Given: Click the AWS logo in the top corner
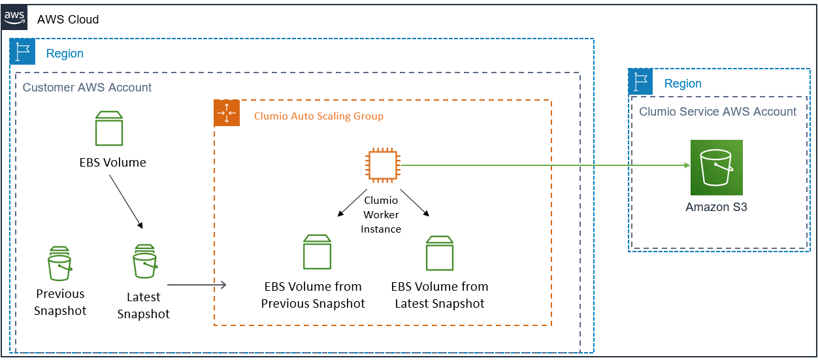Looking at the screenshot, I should coord(15,16).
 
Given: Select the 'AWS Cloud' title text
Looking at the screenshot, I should coord(68,20).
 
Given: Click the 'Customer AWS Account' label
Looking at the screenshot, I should coord(87,88).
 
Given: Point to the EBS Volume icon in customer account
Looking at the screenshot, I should coord(109,128).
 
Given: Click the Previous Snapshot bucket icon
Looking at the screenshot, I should coord(59,263).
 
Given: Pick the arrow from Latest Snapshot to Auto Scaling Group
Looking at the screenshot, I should coord(197,285).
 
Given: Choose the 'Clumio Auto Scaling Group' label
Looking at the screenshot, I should coord(318,116).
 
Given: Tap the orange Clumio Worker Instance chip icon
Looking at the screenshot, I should coord(382,165).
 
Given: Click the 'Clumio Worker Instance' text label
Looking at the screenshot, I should coord(381,214).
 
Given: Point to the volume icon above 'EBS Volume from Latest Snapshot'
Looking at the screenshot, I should coord(440,254).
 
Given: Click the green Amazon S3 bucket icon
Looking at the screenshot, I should coord(716,167).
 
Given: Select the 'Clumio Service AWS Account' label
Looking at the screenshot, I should coord(717,112).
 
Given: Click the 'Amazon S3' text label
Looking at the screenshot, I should coord(716,207).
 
